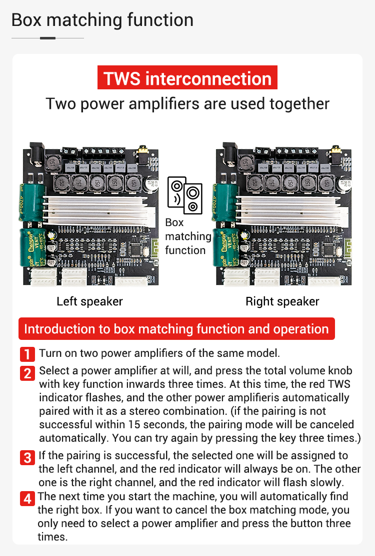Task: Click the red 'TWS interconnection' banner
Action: (187, 78)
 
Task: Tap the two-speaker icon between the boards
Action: (184, 195)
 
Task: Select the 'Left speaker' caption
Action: (89, 301)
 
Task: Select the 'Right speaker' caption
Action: (282, 301)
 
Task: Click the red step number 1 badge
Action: (27, 354)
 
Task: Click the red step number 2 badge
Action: (27, 373)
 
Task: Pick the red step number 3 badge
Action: (27, 458)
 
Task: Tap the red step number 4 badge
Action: (27, 499)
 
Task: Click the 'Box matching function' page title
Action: (102, 20)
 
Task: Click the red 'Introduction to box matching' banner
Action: (176, 329)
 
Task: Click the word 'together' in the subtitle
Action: (299, 104)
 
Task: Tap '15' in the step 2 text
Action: (134, 424)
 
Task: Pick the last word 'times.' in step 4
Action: (52, 537)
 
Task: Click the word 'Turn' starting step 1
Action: (50, 353)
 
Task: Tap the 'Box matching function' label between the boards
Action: (188, 236)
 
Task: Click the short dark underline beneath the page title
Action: (47, 38)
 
